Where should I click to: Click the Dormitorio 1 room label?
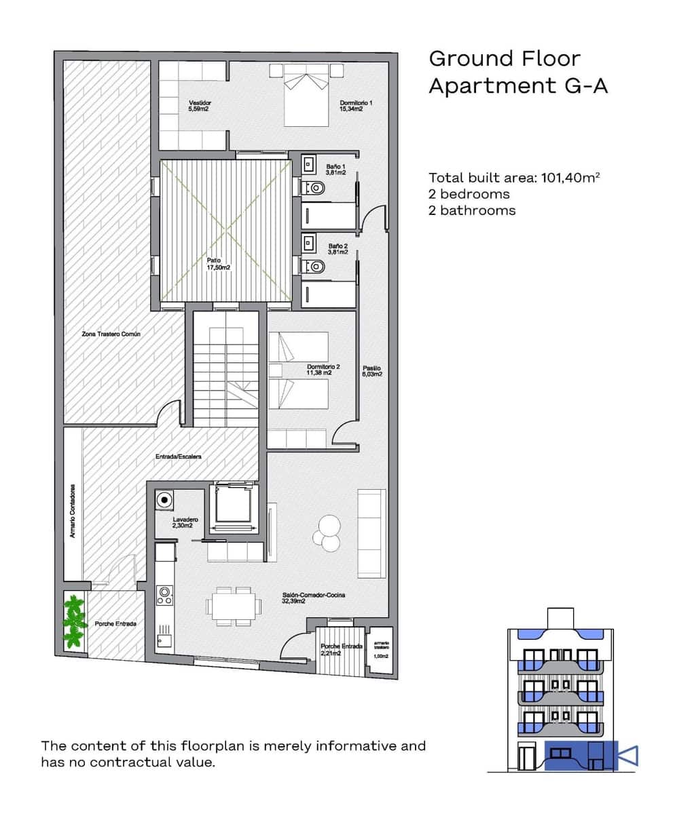[x=357, y=105]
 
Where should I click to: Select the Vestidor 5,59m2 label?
[x=199, y=105]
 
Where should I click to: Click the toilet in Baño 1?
[x=315, y=187]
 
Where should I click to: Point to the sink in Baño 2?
[x=308, y=241]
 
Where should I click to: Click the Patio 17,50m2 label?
[x=219, y=264]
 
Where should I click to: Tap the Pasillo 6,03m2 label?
[x=371, y=370]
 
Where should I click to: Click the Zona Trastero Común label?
[x=109, y=334]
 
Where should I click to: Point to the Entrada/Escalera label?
[x=178, y=457]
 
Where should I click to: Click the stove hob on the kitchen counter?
[x=164, y=596]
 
